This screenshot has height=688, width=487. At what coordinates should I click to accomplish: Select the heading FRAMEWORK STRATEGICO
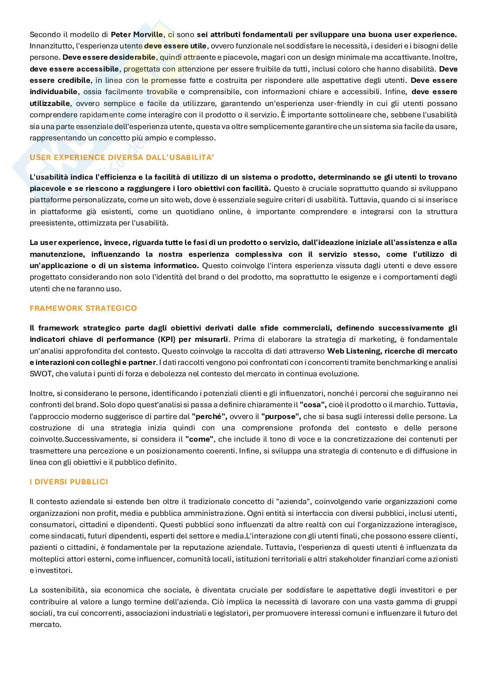coord(83,308)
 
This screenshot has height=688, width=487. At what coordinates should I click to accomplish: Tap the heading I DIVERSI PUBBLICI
coord(69,482)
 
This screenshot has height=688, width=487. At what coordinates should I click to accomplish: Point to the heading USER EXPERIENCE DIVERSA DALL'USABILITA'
coord(122,157)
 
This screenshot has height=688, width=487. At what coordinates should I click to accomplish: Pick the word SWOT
coord(40,374)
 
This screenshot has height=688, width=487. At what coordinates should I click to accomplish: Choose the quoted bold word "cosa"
coord(313,405)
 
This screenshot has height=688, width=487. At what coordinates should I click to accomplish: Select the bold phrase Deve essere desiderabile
coord(109,57)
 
